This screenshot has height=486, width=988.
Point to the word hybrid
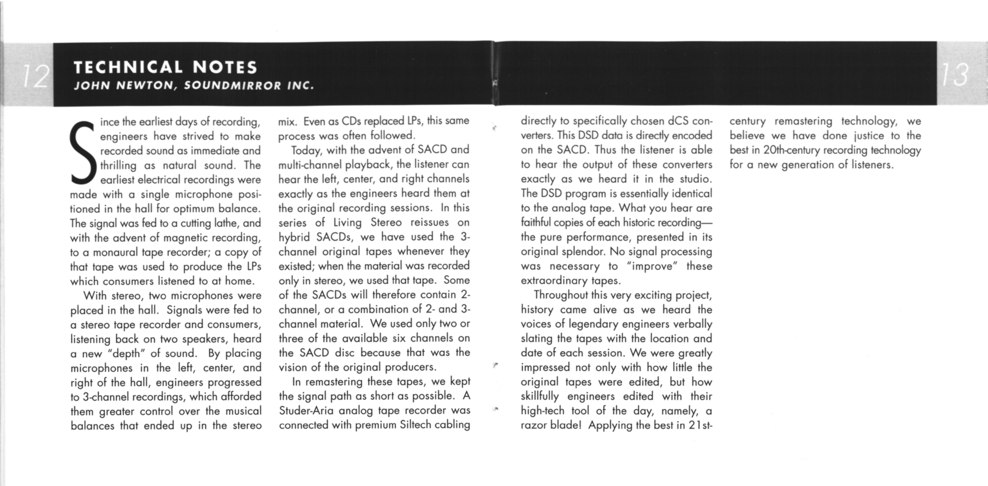point(294,237)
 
